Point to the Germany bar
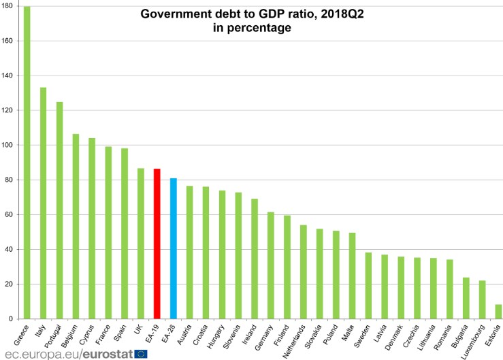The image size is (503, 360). (x=270, y=265)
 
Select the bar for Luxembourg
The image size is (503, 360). (x=482, y=299)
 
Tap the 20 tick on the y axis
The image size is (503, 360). (x=12, y=284)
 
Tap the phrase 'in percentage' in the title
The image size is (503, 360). (x=251, y=28)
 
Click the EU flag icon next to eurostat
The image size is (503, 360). (x=141, y=353)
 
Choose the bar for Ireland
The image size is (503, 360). (x=254, y=259)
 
